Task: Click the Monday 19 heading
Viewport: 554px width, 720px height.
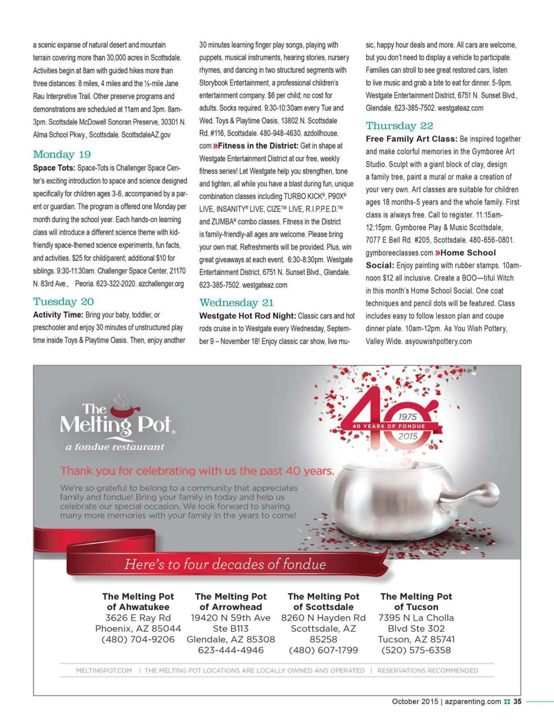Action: (62, 155)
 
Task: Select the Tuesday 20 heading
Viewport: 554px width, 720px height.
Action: (63, 302)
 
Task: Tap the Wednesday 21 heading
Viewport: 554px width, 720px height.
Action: (236, 303)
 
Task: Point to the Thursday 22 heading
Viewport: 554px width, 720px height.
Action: (399, 126)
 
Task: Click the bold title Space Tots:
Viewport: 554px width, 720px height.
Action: (54, 168)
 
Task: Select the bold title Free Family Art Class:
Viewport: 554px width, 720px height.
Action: (412, 139)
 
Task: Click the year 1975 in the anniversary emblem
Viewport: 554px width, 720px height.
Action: (408, 417)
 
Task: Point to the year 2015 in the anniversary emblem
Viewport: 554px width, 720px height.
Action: (408, 436)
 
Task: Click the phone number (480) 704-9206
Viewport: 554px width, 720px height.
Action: (138, 639)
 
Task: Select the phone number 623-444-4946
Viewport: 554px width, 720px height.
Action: (230, 650)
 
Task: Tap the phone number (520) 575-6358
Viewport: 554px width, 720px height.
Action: (416, 650)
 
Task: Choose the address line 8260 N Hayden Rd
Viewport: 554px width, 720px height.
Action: (324, 618)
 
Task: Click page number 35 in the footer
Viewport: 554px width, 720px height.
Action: (517, 702)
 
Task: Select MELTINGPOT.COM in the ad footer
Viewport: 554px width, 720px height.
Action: (104, 671)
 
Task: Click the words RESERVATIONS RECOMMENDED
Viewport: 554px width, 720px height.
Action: (427, 671)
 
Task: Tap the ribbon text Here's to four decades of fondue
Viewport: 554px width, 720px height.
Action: (226, 565)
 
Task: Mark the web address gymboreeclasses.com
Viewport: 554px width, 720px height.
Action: (399, 253)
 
